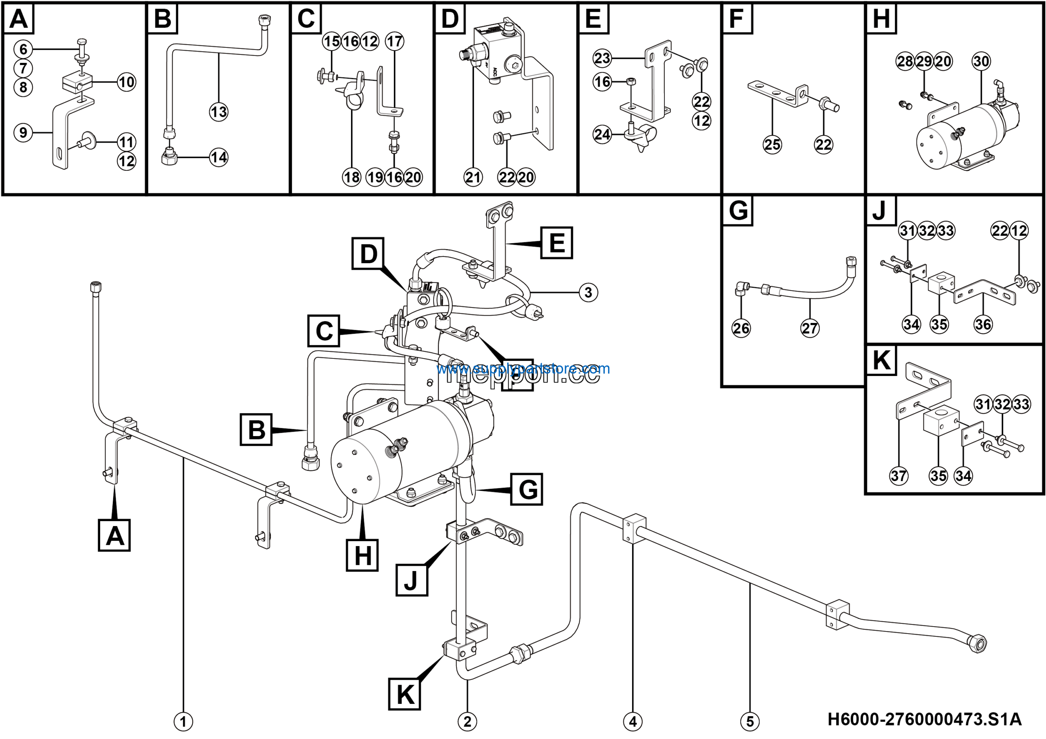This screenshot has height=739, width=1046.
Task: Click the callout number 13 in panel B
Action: [219, 112]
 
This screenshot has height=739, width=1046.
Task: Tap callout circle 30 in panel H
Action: [981, 61]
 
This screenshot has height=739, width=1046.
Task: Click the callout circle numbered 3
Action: [588, 293]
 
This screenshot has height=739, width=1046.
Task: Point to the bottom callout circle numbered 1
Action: [183, 722]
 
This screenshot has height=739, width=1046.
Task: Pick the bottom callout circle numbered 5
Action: [750, 722]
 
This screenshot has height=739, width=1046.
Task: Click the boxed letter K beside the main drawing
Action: [405, 694]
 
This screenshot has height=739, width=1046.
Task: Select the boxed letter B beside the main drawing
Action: [256, 430]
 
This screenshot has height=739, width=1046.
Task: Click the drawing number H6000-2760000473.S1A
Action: [924, 719]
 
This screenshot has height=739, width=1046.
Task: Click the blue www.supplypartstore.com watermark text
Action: [523, 369]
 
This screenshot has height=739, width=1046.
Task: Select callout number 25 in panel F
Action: [772, 145]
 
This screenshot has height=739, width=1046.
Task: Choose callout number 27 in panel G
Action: [809, 328]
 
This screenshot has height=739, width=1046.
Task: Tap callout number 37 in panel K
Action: [898, 476]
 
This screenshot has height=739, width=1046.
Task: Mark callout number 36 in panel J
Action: [983, 325]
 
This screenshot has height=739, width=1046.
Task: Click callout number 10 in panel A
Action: [127, 82]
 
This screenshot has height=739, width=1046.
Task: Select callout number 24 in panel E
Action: [602, 134]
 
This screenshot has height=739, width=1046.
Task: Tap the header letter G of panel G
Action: [738, 211]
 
